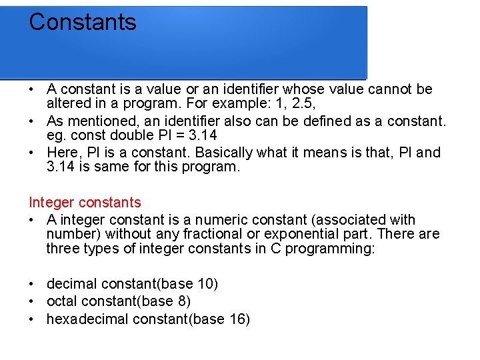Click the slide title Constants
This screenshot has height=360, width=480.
[x=83, y=22]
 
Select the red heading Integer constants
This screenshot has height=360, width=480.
[x=85, y=202]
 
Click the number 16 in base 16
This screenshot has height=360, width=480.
[x=237, y=319]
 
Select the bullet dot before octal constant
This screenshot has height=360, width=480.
[x=32, y=301]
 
